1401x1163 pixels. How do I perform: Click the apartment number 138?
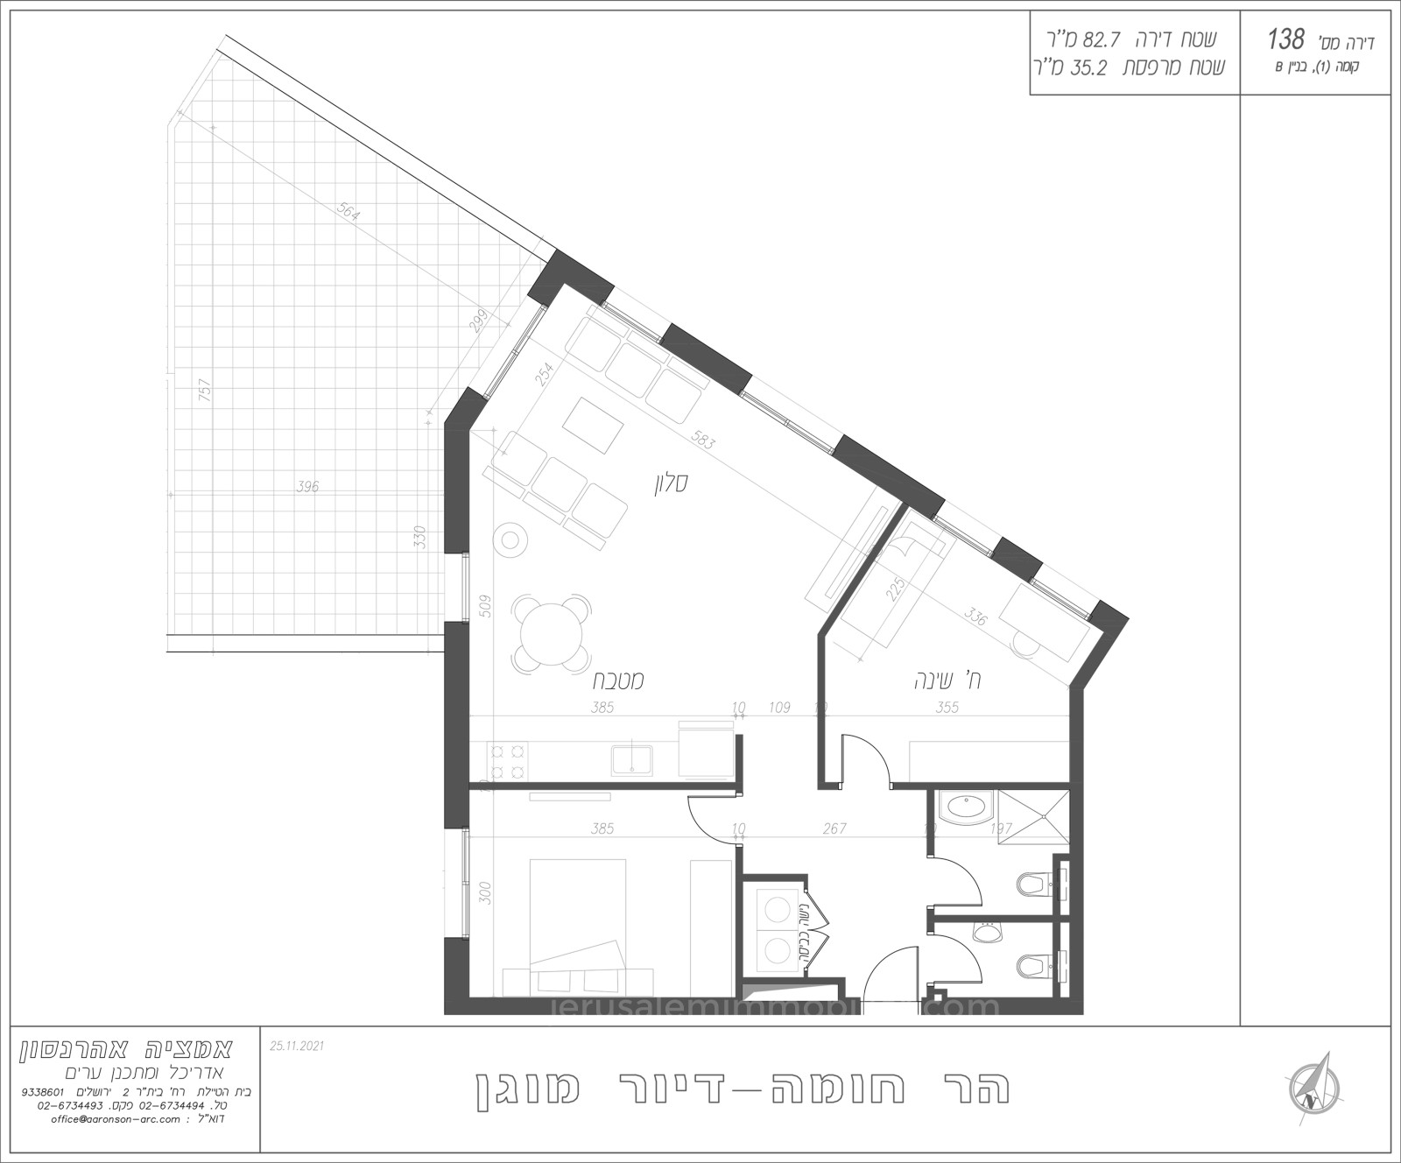[x=1286, y=39]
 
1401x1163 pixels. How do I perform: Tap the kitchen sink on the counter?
[x=630, y=758]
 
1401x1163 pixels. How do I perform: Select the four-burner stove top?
[x=508, y=760]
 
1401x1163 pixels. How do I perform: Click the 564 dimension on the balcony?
[x=348, y=214]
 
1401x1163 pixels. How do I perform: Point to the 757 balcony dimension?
[x=205, y=390]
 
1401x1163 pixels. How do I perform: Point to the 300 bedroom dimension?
[x=487, y=892]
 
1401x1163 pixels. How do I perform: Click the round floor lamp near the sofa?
[x=510, y=539]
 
